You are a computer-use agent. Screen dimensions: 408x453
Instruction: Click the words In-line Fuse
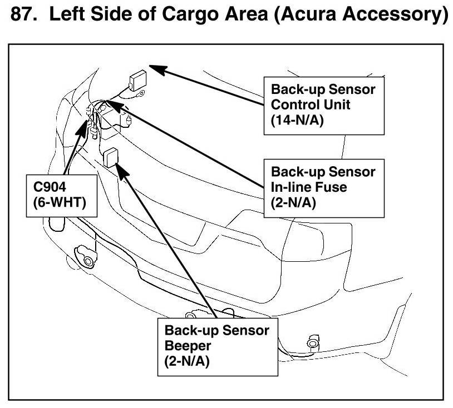click(309, 187)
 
